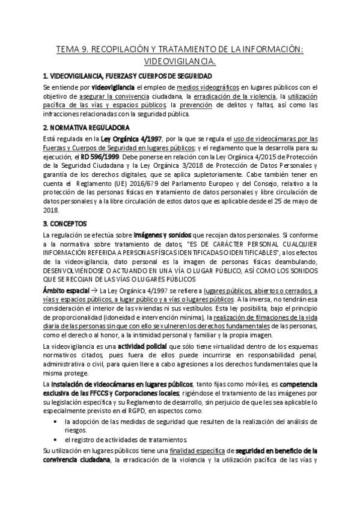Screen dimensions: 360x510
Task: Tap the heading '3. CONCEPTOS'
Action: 66,223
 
